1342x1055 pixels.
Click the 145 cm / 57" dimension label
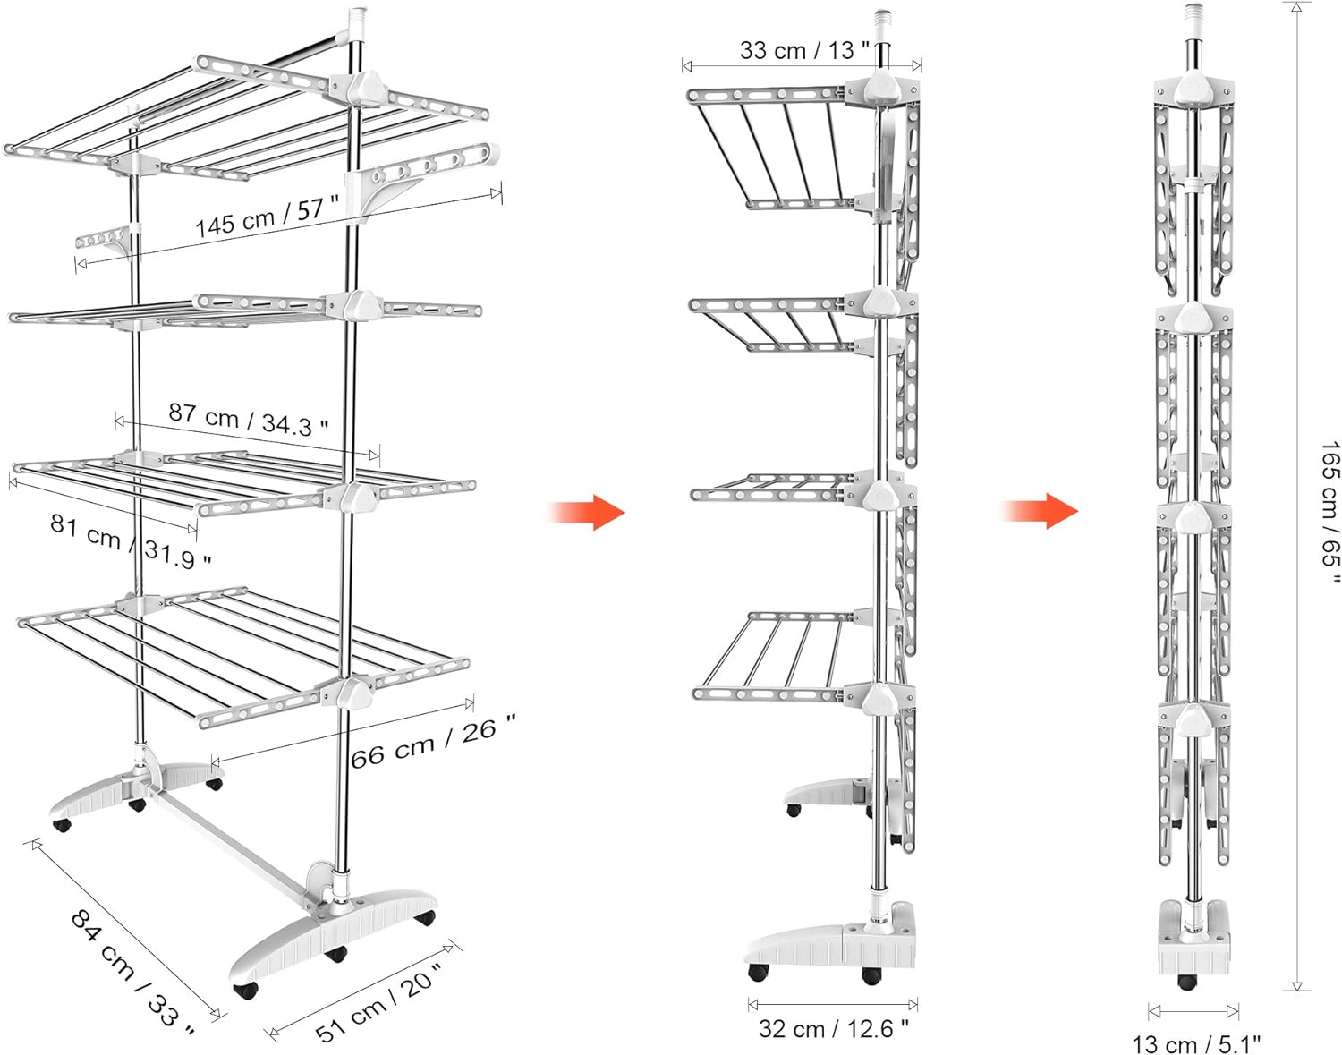point(268,217)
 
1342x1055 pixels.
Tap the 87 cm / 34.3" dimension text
point(248,420)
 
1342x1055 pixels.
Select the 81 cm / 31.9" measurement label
point(131,540)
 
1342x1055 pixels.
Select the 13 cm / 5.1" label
point(1196,1044)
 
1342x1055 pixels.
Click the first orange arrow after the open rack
point(586,512)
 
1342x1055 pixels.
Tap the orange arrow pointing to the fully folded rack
point(1040,511)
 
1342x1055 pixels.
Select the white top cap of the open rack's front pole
point(358,24)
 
